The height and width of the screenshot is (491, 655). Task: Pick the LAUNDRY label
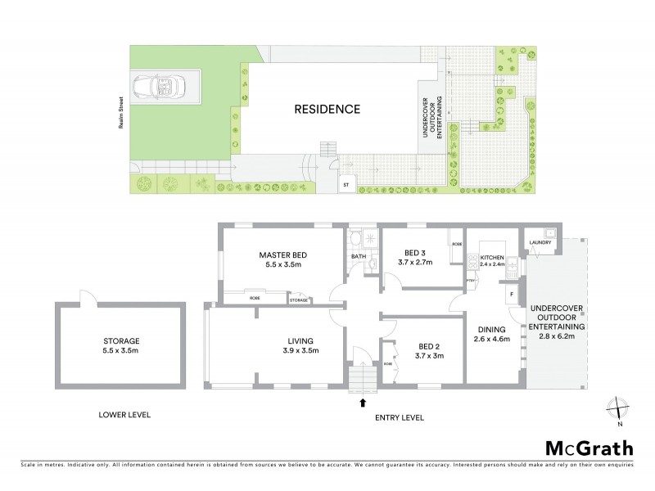pyautogui.click(x=540, y=242)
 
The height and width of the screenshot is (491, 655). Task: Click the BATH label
pyautogui.click(x=359, y=256)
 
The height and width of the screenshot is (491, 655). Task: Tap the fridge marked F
pyautogui.click(x=512, y=292)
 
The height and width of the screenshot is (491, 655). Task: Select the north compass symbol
pyautogui.click(x=620, y=407)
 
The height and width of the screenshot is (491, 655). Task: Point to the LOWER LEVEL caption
pyautogui.click(x=122, y=415)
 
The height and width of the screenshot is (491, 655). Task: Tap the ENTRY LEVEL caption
pyautogui.click(x=399, y=417)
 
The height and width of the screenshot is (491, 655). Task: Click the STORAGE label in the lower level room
pyautogui.click(x=121, y=341)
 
